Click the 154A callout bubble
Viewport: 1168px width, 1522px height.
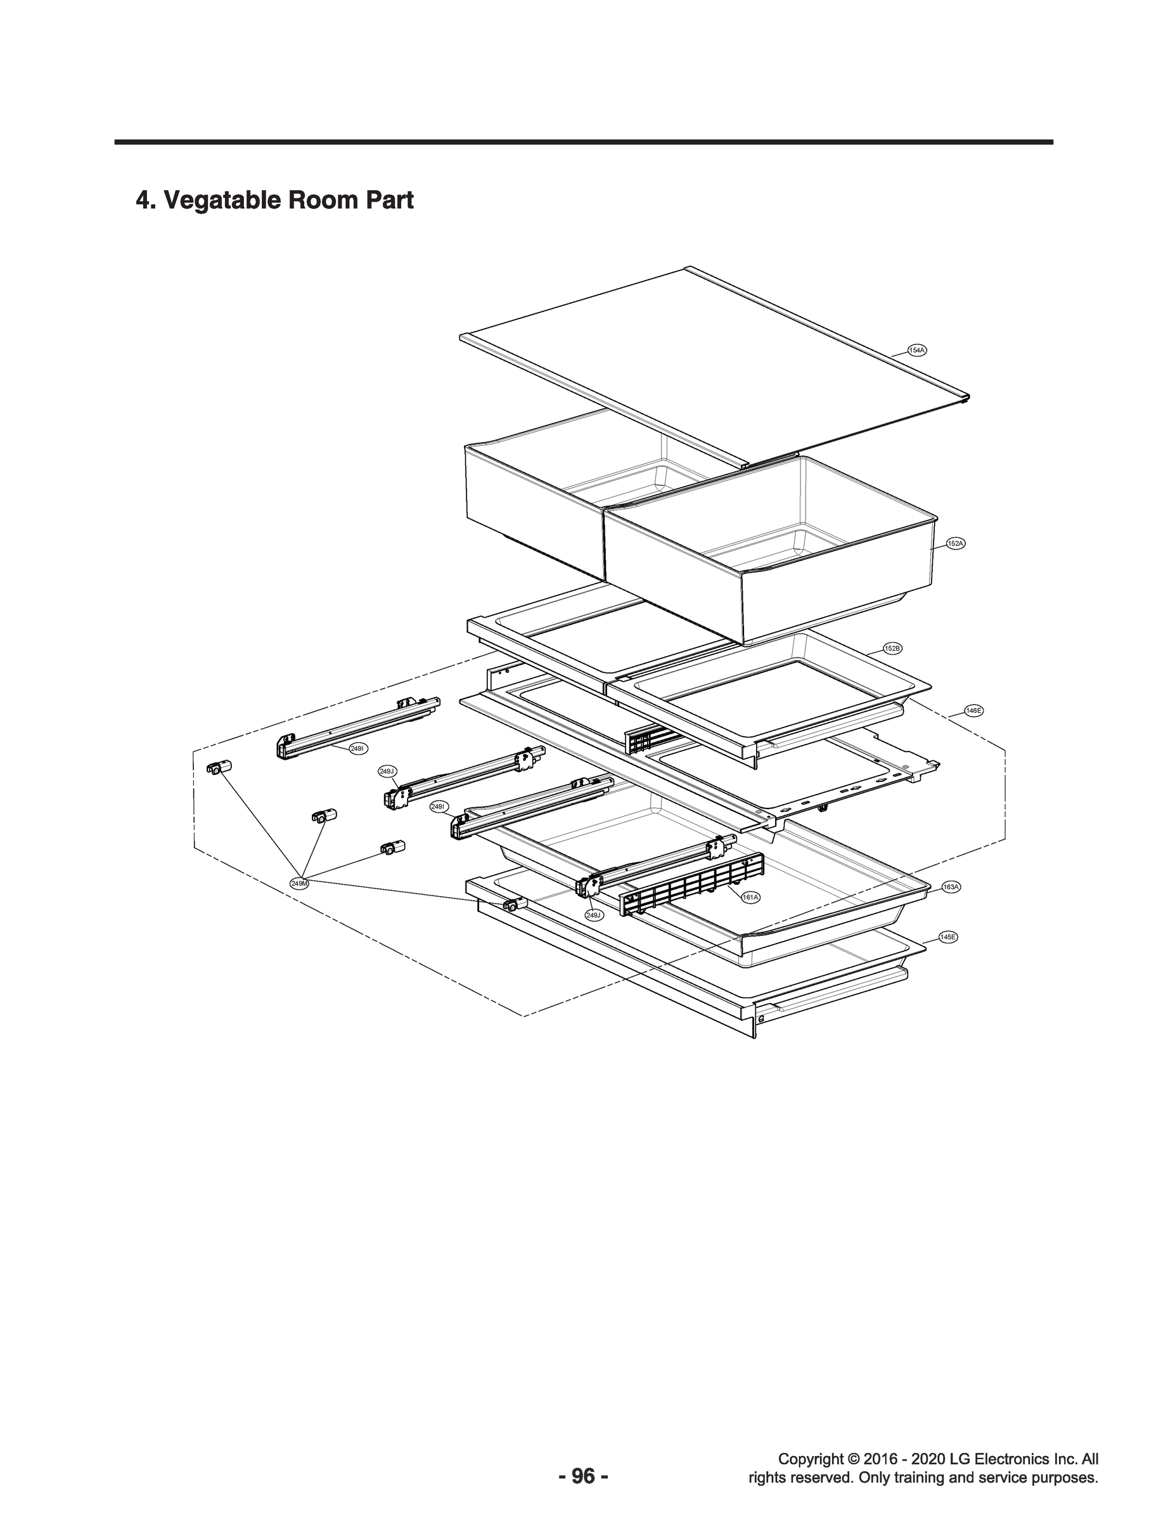(917, 350)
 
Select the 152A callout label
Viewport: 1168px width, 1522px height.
(955, 543)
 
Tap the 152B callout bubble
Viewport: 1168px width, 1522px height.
(892, 648)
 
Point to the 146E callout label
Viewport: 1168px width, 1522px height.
(973, 710)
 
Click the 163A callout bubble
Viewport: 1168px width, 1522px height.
(951, 887)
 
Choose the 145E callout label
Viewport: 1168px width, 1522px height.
(947, 937)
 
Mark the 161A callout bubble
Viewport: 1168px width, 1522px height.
(750, 897)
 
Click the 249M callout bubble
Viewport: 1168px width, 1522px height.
(300, 883)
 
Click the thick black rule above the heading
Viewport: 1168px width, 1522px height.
(584, 142)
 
